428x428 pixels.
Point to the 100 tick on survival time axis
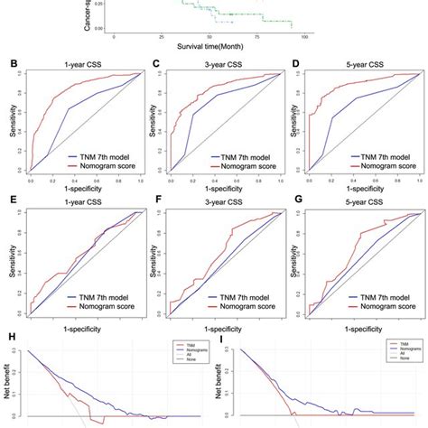[303, 37]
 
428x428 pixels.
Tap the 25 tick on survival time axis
[161, 37]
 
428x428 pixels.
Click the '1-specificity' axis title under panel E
[76, 330]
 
